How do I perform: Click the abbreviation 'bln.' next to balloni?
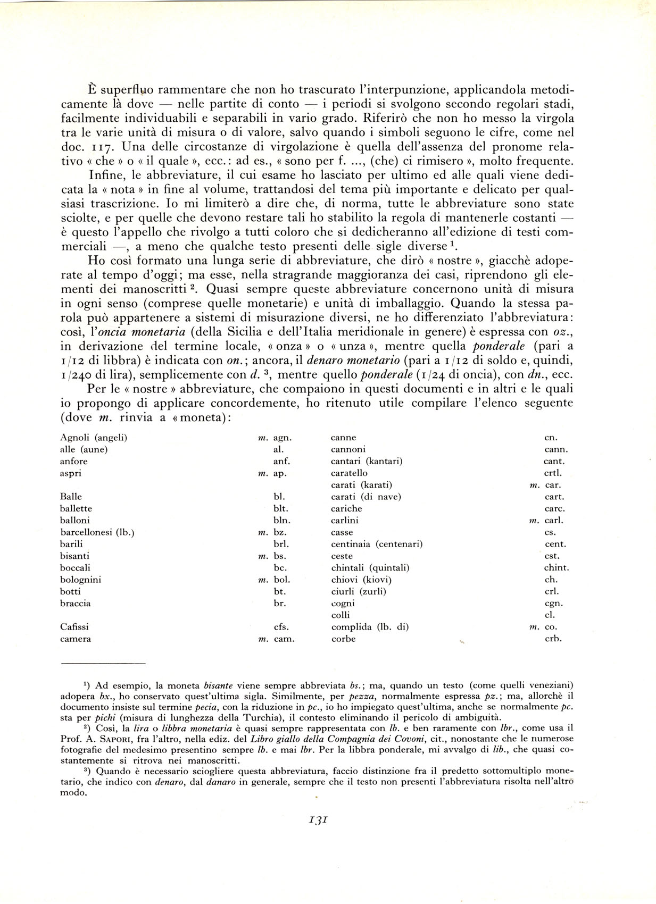click(x=281, y=521)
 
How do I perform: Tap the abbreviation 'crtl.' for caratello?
click(x=553, y=473)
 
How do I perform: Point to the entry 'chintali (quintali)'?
click(x=370, y=568)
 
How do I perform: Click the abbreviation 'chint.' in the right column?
click(x=556, y=568)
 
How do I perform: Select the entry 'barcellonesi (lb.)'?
click(x=97, y=532)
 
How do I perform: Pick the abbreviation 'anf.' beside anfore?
click(x=281, y=461)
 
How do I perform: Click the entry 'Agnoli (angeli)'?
click(x=94, y=438)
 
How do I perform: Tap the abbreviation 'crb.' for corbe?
click(x=553, y=639)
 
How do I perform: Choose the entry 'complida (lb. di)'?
click(x=369, y=627)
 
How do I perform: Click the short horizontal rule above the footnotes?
click(x=103, y=664)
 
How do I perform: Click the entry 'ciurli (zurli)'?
click(x=358, y=591)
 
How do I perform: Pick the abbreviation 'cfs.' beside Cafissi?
click(x=281, y=627)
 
